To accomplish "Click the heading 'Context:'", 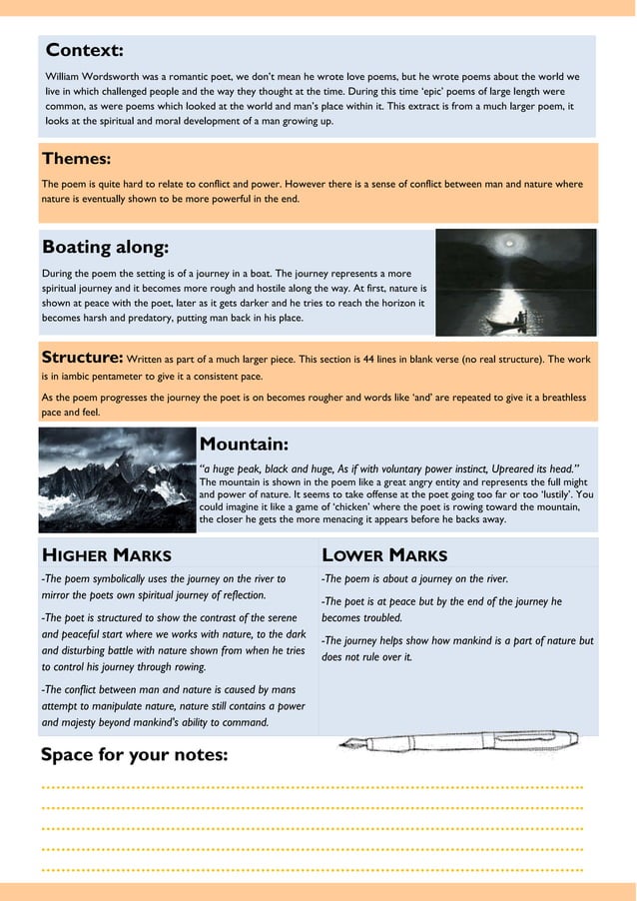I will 85,50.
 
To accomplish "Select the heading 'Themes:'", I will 76,159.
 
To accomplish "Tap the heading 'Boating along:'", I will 105,247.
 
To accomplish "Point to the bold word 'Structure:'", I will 82,358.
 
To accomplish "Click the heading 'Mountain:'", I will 245,444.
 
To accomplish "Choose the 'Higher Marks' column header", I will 106,555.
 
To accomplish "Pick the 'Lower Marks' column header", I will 384,555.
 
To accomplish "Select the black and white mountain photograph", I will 118,480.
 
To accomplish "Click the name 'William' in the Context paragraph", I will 67,77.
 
